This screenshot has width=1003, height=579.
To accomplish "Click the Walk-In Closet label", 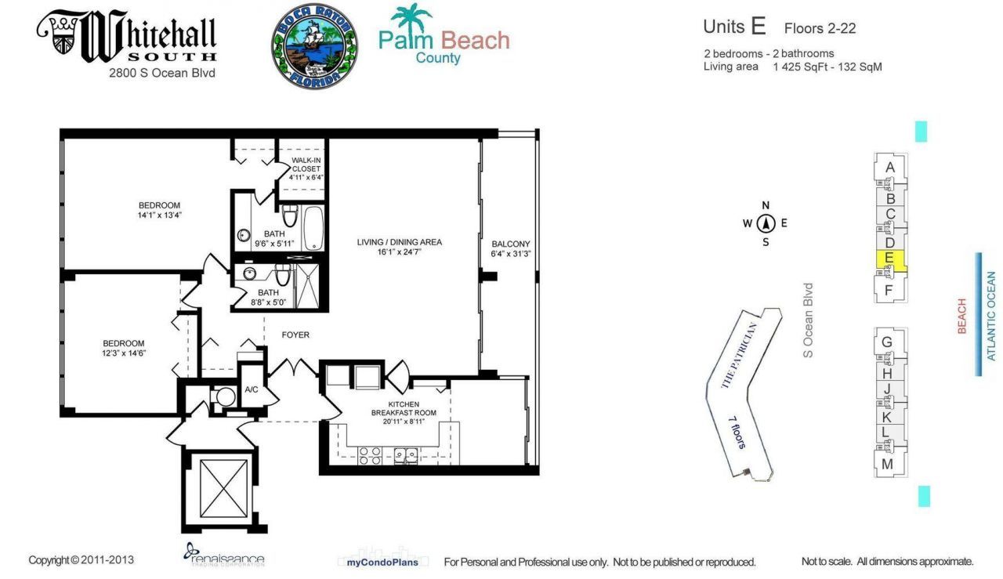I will click(x=306, y=168).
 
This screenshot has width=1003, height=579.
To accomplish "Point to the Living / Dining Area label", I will click(x=399, y=242).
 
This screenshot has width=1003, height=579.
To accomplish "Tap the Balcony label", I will click(x=511, y=244).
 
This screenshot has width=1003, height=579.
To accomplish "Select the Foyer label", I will click(x=295, y=335).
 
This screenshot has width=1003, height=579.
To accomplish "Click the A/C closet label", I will click(x=252, y=389).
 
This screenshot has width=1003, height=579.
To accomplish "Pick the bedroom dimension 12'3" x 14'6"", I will click(x=125, y=353).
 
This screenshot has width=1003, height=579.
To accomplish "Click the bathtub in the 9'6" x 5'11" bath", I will click(x=313, y=227).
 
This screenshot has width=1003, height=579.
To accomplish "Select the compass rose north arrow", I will click(x=766, y=223).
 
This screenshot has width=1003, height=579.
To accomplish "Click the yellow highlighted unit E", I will click(x=889, y=259).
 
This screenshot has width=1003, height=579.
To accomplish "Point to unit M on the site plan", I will click(x=887, y=464).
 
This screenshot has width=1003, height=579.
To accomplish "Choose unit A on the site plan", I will click(x=889, y=167).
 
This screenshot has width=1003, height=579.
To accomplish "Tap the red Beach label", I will click(x=961, y=316).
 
